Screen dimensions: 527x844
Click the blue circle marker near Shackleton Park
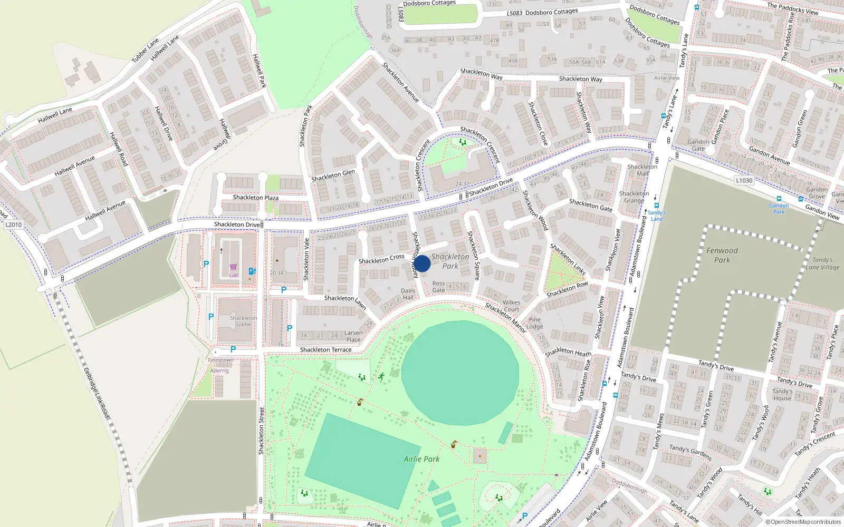click(x=422, y=263)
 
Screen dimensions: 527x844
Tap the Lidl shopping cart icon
click(x=233, y=267)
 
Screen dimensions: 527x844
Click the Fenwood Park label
click(x=722, y=255)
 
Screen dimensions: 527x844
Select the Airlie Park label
click(x=421, y=459)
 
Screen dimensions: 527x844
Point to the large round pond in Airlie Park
click(x=460, y=373)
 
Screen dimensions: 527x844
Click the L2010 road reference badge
click(x=14, y=225)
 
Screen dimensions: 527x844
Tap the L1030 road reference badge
click(x=744, y=180)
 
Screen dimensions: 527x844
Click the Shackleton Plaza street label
click(x=256, y=198)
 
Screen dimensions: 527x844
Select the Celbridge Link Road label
click(x=97, y=393)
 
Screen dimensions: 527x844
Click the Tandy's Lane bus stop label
click(x=657, y=216)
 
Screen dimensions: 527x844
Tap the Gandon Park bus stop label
click(x=779, y=209)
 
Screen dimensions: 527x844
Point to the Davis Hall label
click(x=408, y=294)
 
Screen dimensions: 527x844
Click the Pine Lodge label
click(x=534, y=323)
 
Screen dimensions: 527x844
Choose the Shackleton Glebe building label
click(x=243, y=321)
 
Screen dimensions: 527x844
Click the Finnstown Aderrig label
click(x=220, y=365)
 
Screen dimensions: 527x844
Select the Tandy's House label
click(x=782, y=395)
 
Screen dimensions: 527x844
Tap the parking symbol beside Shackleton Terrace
click(x=233, y=349)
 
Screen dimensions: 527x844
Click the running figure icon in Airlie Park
click(x=381, y=376)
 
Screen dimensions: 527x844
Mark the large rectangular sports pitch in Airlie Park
click(x=358, y=461)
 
